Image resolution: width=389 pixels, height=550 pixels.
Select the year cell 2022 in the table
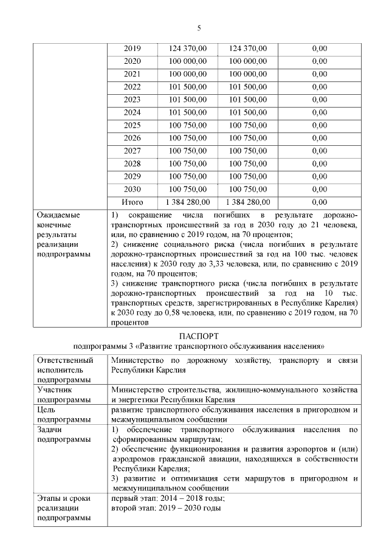point(132,87)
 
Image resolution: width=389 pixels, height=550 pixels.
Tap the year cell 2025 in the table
point(132,125)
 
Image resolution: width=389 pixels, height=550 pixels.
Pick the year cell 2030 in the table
point(132,189)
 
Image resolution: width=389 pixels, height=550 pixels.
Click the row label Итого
point(133,202)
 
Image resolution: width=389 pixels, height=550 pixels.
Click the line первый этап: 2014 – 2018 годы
point(168,498)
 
